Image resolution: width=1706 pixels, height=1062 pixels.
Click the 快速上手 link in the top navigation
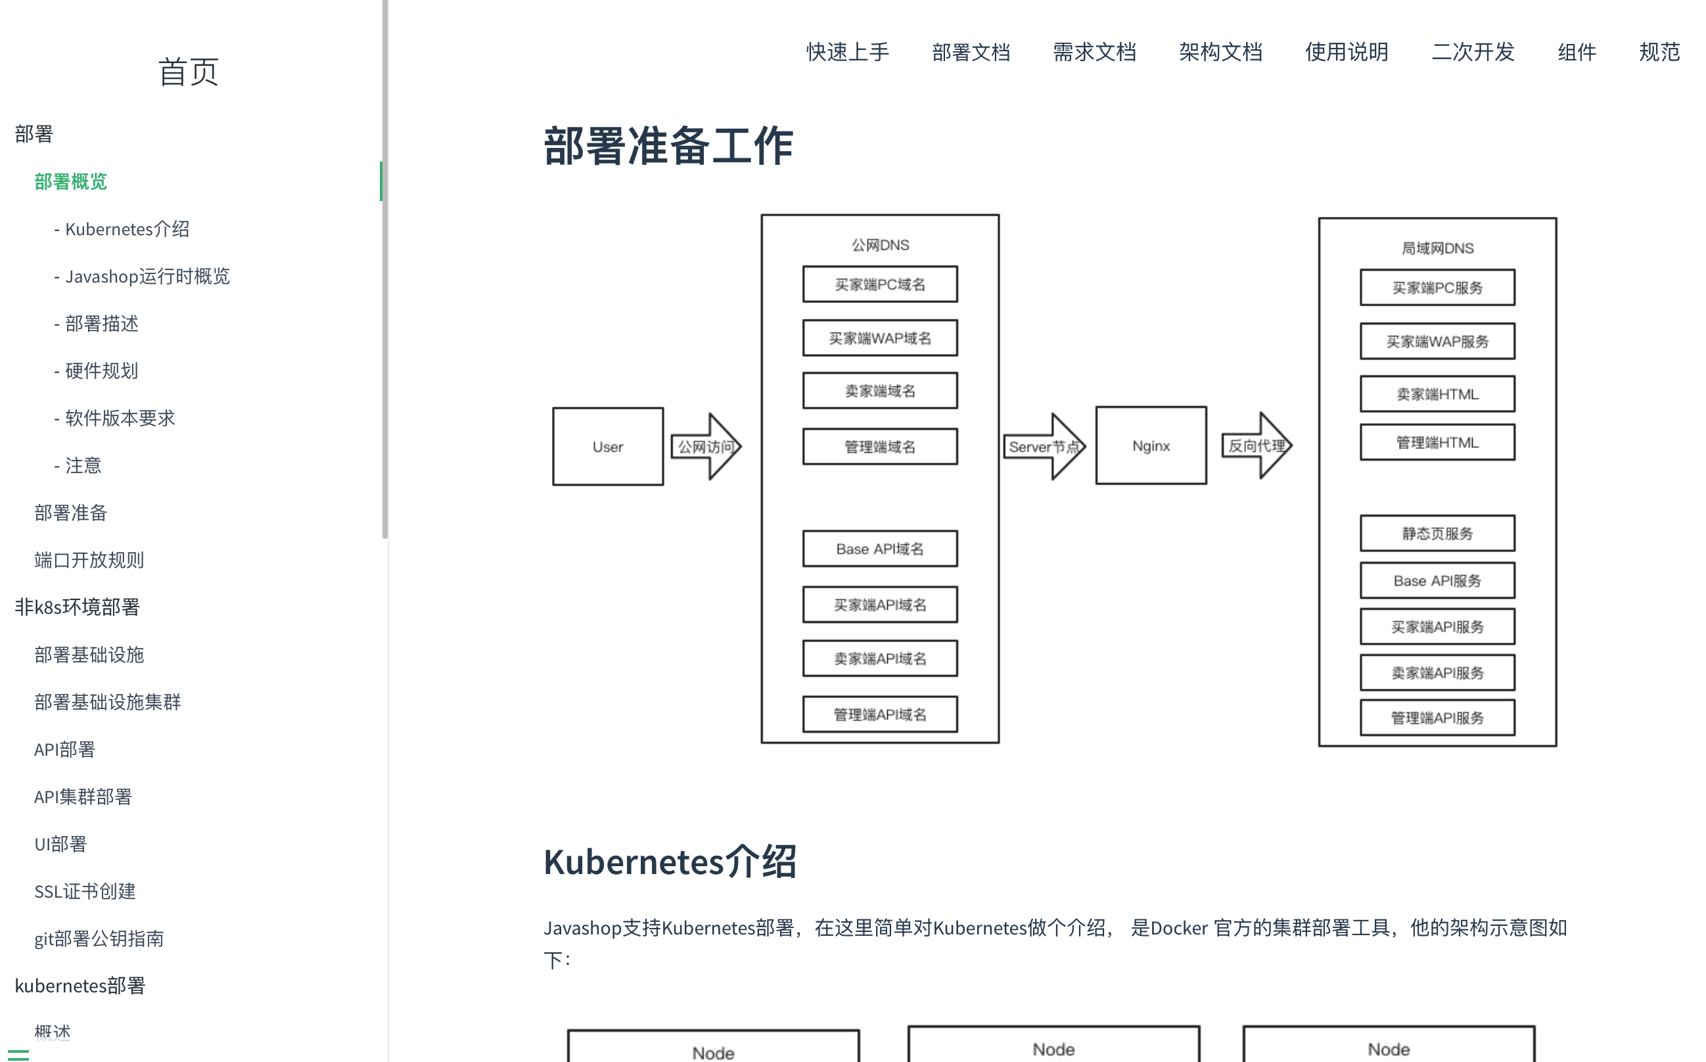coord(847,52)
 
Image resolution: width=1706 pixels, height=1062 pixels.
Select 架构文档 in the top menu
coord(1220,52)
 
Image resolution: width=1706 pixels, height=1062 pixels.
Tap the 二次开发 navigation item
coord(1473,52)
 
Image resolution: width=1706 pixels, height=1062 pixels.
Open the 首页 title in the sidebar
coord(188,72)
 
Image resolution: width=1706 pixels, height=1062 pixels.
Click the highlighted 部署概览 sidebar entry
coord(71,182)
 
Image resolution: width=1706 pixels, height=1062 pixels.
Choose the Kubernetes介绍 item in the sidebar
coord(126,229)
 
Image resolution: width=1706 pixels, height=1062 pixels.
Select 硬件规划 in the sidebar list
coord(101,371)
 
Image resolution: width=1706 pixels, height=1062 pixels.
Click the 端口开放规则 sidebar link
coord(89,560)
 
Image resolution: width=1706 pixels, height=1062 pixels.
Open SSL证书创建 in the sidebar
coord(85,891)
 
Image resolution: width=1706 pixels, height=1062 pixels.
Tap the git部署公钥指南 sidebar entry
coord(99,938)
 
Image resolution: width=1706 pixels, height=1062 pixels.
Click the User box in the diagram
coord(607,447)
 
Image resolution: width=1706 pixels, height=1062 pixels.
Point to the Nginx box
coord(1151,446)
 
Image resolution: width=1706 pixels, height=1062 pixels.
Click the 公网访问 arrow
coord(706,447)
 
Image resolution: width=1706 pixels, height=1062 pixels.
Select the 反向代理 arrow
coord(1256,446)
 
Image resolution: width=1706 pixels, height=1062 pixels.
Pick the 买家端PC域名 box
coord(880,285)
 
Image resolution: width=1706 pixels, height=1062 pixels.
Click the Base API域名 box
coord(880,549)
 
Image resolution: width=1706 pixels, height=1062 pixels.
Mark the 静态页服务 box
coord(1437,534)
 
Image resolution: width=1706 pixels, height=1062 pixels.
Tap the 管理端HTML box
coord(1437,442)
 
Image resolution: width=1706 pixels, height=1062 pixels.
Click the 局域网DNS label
coord(1437,248)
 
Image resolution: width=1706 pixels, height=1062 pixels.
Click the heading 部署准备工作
coord(668,146)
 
